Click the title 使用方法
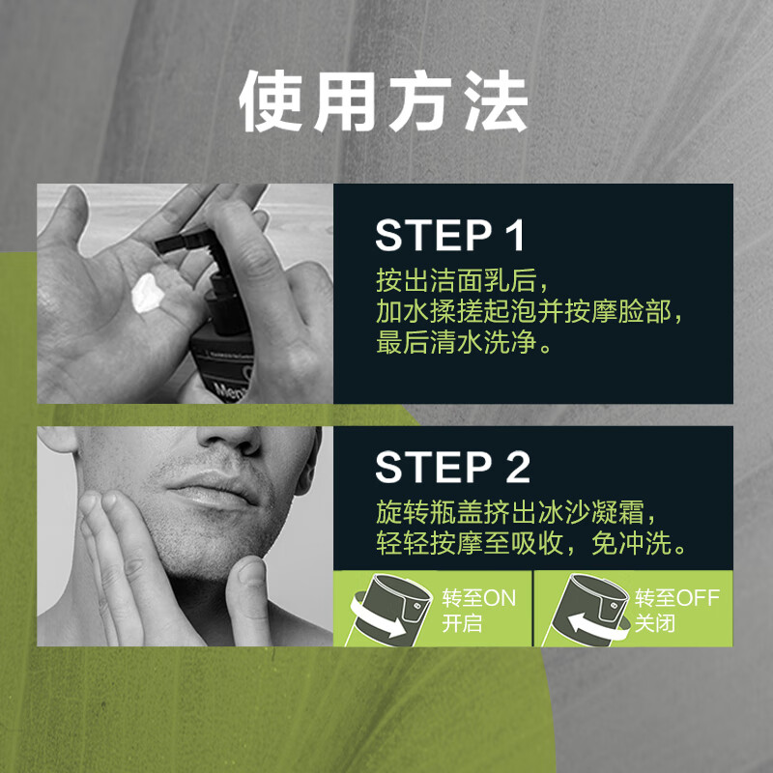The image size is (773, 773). point(385,100)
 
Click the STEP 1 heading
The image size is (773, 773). point(449,237)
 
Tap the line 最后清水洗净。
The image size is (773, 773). point(465,343)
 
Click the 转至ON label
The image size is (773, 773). point(478,597)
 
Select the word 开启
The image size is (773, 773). point(462,623)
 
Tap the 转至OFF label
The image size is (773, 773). point(676,597)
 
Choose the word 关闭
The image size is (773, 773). point(655,623)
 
